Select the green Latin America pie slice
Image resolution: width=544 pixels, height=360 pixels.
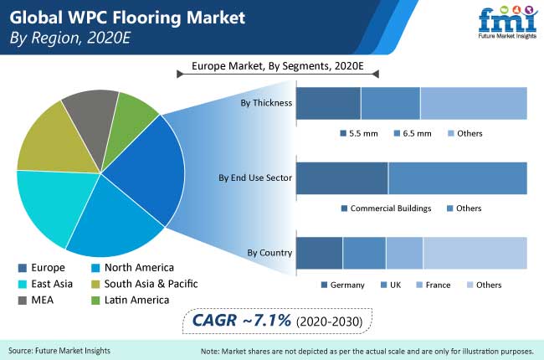[x=130, y=125]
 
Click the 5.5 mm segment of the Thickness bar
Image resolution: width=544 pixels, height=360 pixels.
[x=328, y=103]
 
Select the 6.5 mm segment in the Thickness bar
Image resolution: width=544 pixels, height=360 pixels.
[x=391, y=103]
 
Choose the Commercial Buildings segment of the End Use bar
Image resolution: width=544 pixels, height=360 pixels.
[x=342, y=178]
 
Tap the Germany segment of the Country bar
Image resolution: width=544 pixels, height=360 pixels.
[x=319, y=253]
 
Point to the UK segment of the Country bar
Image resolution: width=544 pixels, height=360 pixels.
[x=364, y=253]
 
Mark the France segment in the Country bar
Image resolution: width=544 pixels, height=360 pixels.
[x=404, y=253]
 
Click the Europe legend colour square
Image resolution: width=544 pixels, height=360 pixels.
[x=23, y=268]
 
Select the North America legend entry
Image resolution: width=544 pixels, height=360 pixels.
[x=132, y=268]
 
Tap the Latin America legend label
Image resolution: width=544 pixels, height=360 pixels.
[x=136, y=300]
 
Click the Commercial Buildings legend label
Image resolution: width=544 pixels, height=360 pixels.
[x=391, y=208]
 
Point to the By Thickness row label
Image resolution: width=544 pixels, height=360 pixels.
[x=266, y=103]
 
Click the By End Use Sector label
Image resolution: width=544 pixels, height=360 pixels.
[x=255, y=177]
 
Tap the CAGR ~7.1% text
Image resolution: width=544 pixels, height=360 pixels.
[x=242, y=320]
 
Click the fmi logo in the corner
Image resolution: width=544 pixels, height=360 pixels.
[x=507, y=22]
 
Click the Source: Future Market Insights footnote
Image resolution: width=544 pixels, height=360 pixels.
[x=59, y=351]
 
